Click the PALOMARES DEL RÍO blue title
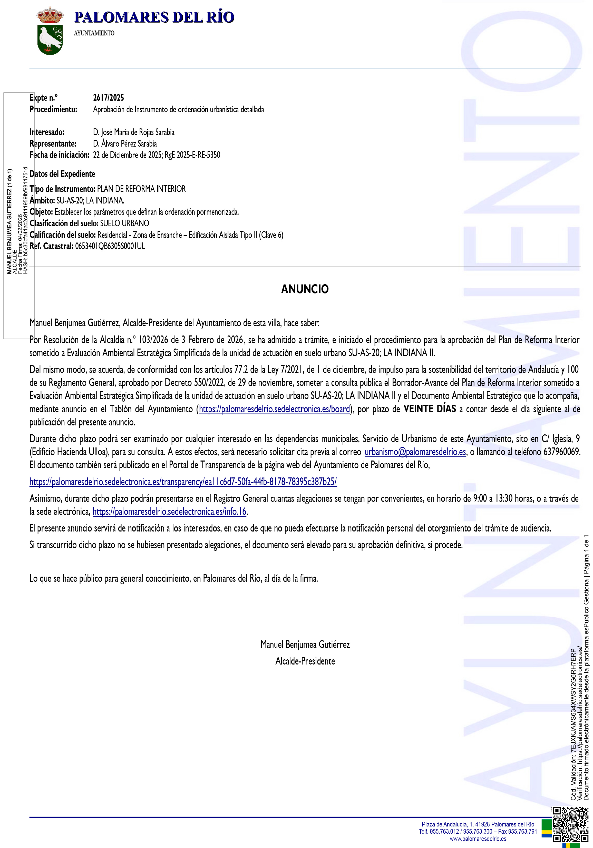[x=154, y=17]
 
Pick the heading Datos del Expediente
[x=62, y=174]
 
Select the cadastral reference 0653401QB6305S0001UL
[x=110, y=246]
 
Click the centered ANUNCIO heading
[x=305, y=289]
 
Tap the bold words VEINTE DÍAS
[x=430, y=409]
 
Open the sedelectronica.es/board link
[x=274, y=409]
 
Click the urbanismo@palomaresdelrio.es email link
[x=415, y=452]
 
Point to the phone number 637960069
[x=560, y=452]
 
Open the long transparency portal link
[x=183, y=482]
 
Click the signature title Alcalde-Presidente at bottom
[x=305, y=661]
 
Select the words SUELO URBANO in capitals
[x=125, y=223]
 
